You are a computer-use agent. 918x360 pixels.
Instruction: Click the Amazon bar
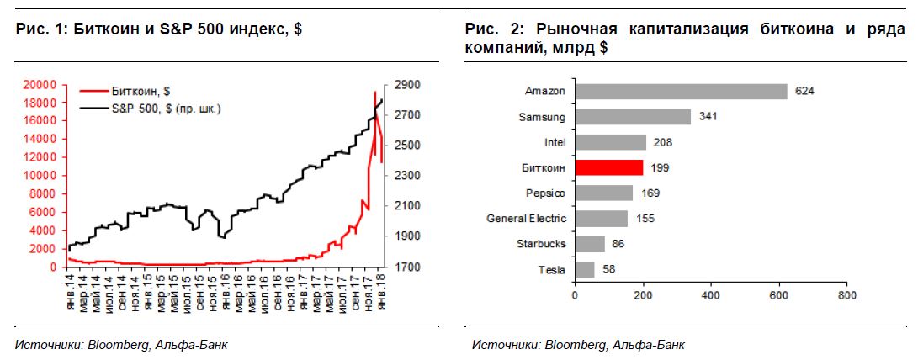click(x=680, y=92)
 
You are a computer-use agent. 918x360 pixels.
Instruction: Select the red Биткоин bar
click(x=608, y=167)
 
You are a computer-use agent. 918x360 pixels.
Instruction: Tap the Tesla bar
click(x=584, y=269)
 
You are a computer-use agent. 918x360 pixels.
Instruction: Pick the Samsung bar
click(x=632, y=117)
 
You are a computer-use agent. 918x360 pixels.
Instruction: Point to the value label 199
click(x=660, y=168)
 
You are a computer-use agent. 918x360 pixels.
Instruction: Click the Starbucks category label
click(x=544, y=244)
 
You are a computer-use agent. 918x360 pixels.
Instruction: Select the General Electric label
click(x=527, y=219)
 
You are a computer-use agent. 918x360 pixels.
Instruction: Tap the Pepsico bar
click(x=603, y=193)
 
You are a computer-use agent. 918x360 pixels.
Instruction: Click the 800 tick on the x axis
click(x=847, y=296)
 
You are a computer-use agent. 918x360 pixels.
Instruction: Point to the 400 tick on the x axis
click(x=711, y=296)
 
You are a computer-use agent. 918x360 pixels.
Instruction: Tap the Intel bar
click(x=610, y=142)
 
